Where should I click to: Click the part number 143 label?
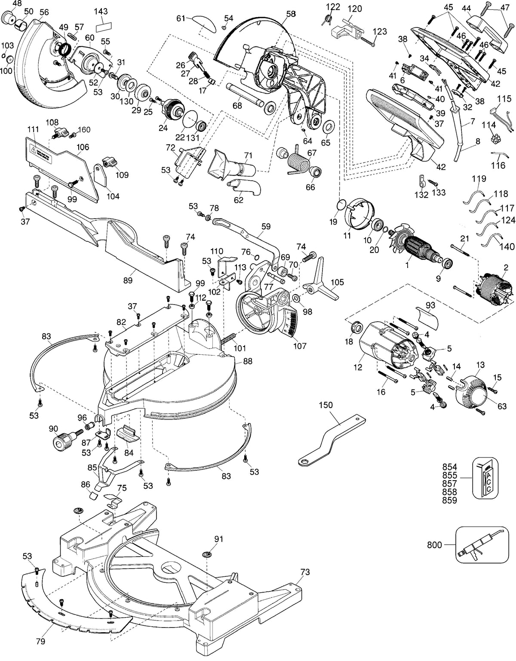pyautogui.click(x=101, y=11)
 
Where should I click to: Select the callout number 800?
pyautogui.click(x=434, y=544)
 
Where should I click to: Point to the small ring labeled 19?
pyautogui.click(x=342, y=204)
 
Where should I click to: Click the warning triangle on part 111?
pyautogui.click(x=33, y=149)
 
